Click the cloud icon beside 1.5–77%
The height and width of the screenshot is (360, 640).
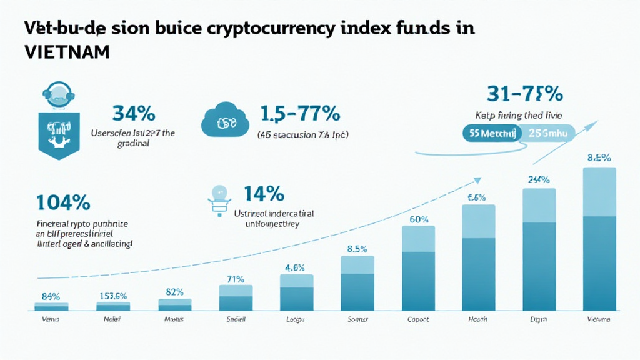(x=222, y=120)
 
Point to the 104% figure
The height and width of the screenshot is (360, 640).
(x=63, y=202)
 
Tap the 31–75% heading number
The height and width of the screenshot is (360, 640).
(x=525, y=94)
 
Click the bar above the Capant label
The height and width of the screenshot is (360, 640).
(x=418, y=269)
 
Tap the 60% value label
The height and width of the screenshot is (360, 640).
(x=418, y=219)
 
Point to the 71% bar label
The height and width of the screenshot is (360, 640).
(x=236, y=279)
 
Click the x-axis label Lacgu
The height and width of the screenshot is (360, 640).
(x=296, y=320)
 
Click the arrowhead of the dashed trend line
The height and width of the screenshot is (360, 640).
(x=477, y=181)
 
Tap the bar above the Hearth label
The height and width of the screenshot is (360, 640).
(x=478, y=257)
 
